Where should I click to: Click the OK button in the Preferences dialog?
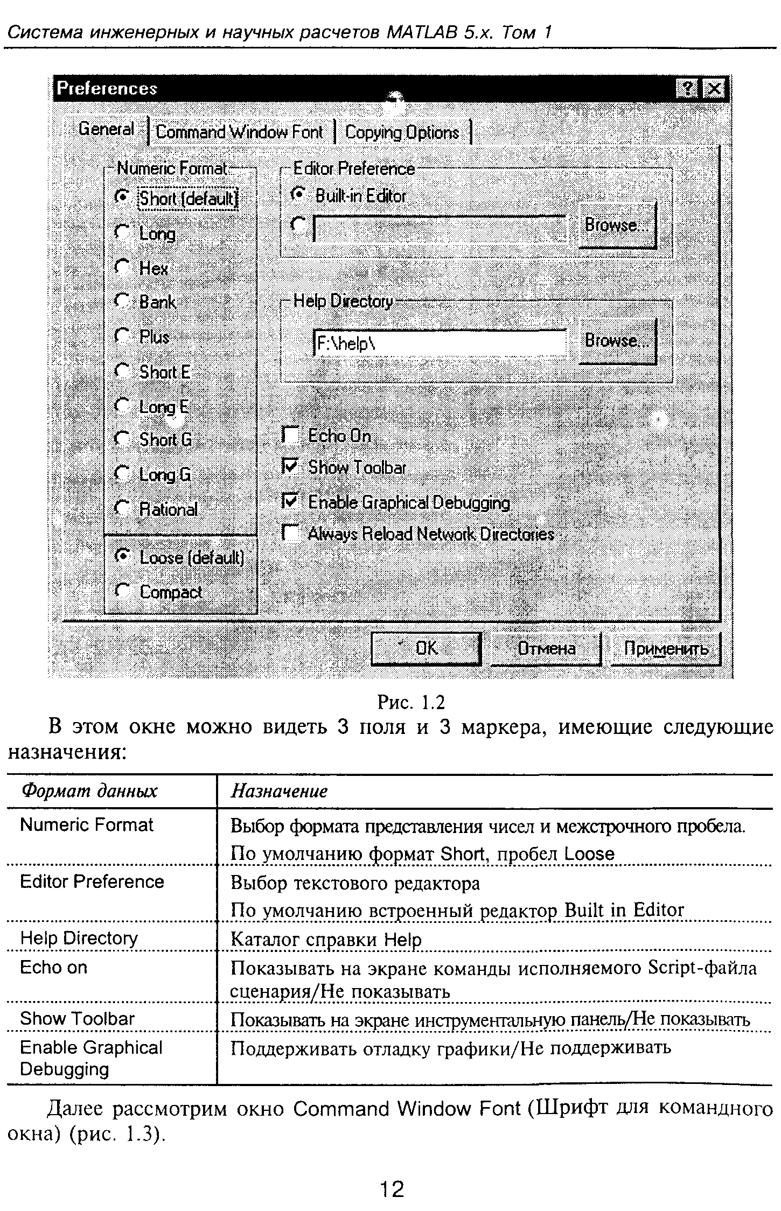(x=426, y=648)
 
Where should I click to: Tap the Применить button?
(x=665, y=649)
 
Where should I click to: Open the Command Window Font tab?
(x=239, y=132)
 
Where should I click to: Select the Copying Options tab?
(x=402, y=132)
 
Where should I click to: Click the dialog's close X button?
(x=714, y=89)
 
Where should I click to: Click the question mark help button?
(x=687, y=89)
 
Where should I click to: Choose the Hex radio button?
(x=123, y=267)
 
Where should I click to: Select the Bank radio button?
(x=123, y=301)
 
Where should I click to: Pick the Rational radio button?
(x=123, y=508)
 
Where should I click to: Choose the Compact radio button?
(x=123, y=591)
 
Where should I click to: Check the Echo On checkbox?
(x=291, y=435)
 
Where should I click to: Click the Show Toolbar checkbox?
(x=291, y=467)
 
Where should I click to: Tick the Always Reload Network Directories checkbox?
(x=291, y=533)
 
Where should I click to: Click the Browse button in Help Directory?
(x=617, y=341)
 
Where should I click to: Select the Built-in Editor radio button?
(x=298, y=195)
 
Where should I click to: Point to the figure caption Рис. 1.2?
(x=411, y=702)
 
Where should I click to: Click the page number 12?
(x=392, y=1189)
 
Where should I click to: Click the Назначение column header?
(x=279, y=791)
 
